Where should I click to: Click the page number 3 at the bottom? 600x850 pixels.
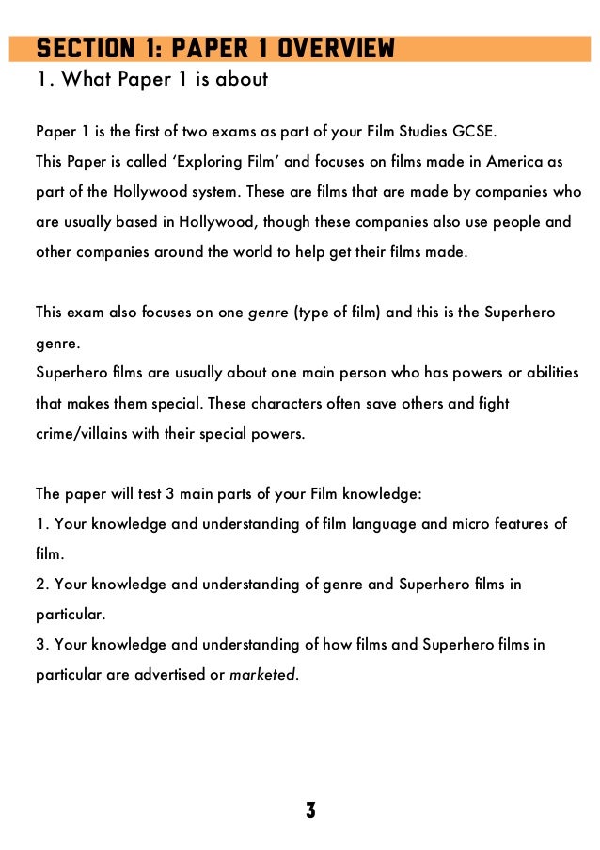tap(310, 810)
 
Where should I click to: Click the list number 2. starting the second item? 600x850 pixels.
tap(41, 585)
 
